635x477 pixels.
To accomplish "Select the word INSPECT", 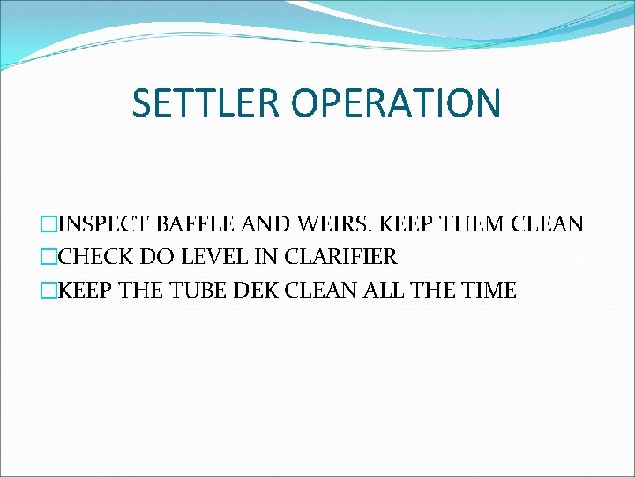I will tap(104, 224).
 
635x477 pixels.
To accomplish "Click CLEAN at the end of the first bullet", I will tap(548, 224).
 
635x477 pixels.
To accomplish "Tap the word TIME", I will tap(484, 290).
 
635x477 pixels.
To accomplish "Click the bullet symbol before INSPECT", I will tap(49, 224).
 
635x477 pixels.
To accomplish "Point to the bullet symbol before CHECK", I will tap(49, 257).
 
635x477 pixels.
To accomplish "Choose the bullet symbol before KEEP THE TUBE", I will tap(49, 290).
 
